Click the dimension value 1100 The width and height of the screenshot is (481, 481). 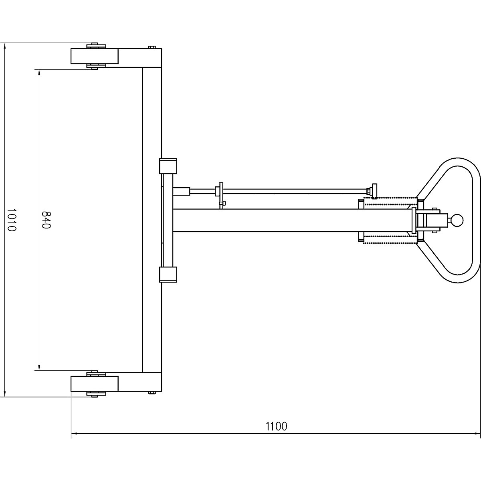(x=277, y=426)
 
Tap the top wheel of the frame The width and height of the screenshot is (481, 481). (x=95, y=56)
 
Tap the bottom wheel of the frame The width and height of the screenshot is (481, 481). (x=95, y=384)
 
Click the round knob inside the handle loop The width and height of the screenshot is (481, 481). (x=457, y=220)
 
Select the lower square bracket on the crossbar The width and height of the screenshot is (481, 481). (x=168, y=275)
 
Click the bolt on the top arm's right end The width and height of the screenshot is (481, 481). (x=152, y=47)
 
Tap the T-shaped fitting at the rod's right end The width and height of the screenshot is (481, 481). (x=374, y=190)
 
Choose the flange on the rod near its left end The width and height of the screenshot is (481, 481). (x=219, y=190)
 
